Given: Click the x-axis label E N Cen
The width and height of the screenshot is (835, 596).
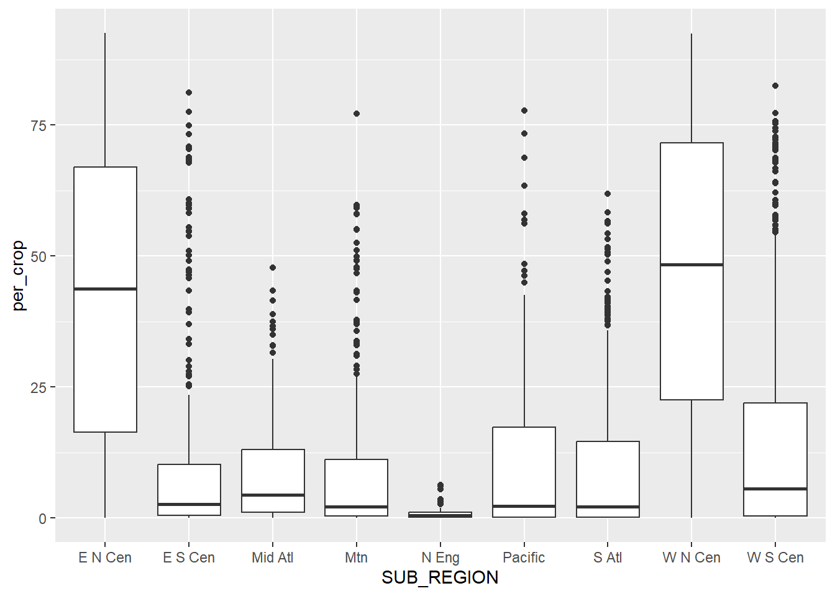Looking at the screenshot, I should [105, 558].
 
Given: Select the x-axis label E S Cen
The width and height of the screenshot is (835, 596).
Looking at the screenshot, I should [189, 558].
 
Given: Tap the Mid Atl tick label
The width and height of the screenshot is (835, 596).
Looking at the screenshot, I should [272, 558].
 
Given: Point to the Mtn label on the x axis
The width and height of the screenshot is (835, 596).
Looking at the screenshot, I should [356, 558].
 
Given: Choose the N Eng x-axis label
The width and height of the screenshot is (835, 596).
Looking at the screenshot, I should [440, 558].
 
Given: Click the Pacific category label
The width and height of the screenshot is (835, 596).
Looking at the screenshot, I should [524, 558].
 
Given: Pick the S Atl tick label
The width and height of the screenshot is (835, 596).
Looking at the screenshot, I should [608, 558].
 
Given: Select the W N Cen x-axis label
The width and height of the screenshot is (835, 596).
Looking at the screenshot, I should [691, 558].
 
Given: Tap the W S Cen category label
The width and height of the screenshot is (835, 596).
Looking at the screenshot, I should [775, 558].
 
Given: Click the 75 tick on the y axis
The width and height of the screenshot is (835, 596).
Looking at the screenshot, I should [39, 125].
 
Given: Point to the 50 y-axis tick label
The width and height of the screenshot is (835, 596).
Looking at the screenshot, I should [39, 256].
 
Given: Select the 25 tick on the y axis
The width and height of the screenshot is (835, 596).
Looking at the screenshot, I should [39, 387].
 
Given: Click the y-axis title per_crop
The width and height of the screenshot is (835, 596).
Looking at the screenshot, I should [19, 276].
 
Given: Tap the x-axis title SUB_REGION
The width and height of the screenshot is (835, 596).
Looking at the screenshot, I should [440, 578].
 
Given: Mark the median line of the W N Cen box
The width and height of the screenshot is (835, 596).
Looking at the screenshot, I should [691, 264].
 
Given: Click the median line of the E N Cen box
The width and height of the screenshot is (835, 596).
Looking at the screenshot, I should [105, 289].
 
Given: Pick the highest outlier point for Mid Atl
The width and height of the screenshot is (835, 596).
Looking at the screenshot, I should [273, 268].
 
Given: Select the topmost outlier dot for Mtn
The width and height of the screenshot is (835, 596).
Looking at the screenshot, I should [357, 114].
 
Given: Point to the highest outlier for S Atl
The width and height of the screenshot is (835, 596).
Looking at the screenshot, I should [608, 194].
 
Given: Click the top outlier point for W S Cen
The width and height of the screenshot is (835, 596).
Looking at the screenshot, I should [775, 86].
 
